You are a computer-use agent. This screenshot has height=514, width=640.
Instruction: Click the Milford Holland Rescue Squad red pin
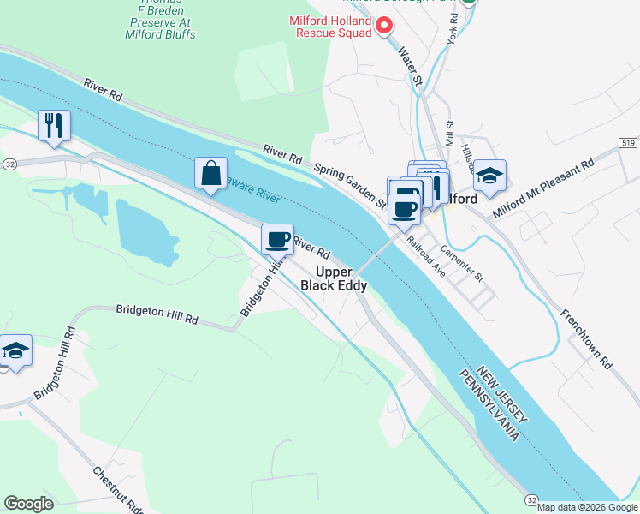(384, 26)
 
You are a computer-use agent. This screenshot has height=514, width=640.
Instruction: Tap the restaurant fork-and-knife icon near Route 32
(54, 126)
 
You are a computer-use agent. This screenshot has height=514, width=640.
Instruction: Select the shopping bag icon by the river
(210, 173)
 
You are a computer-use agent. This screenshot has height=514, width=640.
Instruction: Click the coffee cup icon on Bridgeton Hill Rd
(276, 239)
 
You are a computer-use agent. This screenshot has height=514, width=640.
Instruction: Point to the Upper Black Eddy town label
(336, 278)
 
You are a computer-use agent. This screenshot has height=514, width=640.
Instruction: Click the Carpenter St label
(462, 265)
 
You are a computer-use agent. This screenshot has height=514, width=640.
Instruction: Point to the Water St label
(410, 66)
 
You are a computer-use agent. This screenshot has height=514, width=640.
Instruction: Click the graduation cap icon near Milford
(489, 176)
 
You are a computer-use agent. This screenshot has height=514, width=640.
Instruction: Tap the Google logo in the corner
(28, 504)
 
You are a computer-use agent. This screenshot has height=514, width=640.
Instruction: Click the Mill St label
(449, 134)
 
